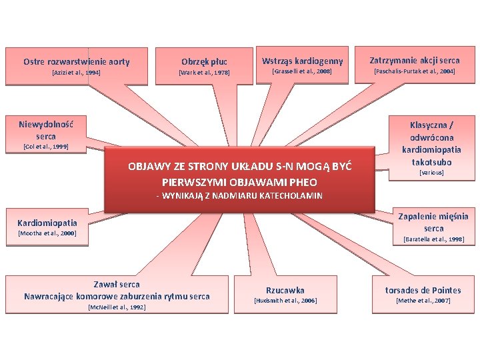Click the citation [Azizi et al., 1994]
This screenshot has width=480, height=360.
coord(76,72)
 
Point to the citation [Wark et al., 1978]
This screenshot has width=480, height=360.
coord(204,72)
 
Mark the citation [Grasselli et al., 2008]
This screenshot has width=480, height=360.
coord(303,71)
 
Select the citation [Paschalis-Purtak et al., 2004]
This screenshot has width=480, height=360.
coord(415,71)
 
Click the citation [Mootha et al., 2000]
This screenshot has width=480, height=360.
coord(47,233)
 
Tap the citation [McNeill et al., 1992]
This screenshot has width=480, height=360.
coord(117,307)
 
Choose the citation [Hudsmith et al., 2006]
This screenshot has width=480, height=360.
coord(285,301)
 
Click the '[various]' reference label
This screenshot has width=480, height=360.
coord(431,173)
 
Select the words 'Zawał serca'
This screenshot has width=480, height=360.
coord(117,285)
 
